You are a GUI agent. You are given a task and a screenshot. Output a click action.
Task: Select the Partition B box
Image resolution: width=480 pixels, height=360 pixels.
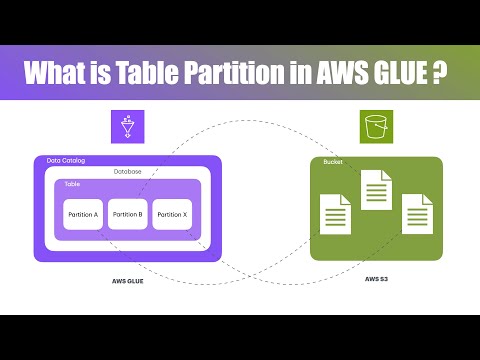click(x=128, y=215)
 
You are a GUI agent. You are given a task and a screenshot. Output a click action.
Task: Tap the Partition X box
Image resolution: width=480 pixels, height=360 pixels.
click(x=172, y=215)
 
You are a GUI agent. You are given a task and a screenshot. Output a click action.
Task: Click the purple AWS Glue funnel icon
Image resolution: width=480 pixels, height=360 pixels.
click(x=127, y=127)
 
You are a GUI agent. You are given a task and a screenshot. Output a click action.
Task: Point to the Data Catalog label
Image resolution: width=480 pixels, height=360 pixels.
click(x=62, y=161)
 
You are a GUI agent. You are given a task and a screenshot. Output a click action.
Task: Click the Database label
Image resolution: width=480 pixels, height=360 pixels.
click(x=127, y=172)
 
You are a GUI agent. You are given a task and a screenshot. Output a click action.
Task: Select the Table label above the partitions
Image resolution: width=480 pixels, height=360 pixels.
click(x=72, y=185)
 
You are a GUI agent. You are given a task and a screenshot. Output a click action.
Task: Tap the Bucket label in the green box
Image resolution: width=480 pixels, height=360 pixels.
click(x=333, y=162)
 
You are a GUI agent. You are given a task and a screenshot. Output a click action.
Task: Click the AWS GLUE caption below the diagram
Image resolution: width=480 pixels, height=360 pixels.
click(x=127, y=281)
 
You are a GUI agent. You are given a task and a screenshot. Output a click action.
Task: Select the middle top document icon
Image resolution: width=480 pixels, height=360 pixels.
click(x=375, y=189)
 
